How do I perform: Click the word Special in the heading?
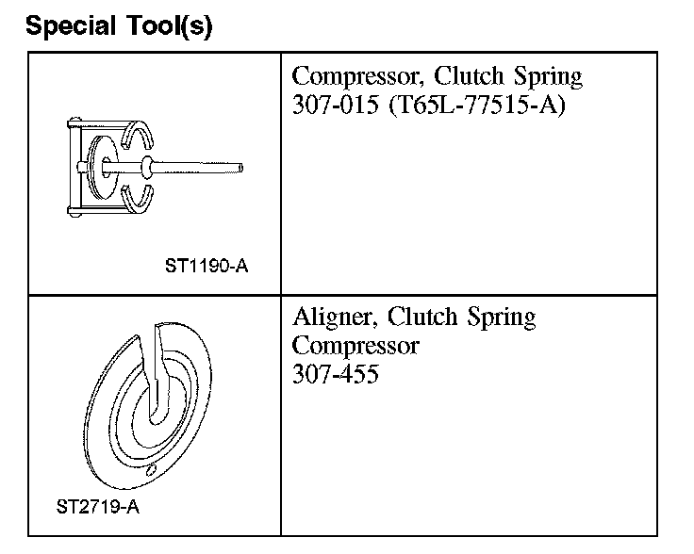click(x=71, y=26)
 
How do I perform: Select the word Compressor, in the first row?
click(x=355, y=77)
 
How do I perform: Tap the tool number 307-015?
click(x=335, y=105)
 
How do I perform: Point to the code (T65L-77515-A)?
click(x=477, y=106)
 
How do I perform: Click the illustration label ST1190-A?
click(x=207, y=267)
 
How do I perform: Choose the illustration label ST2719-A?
click(x=98, y=507)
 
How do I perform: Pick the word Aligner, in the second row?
click(x=335, y=318)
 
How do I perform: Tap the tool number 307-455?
click(x=335, y=374)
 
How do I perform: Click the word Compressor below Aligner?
click(x=355, y=346)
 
